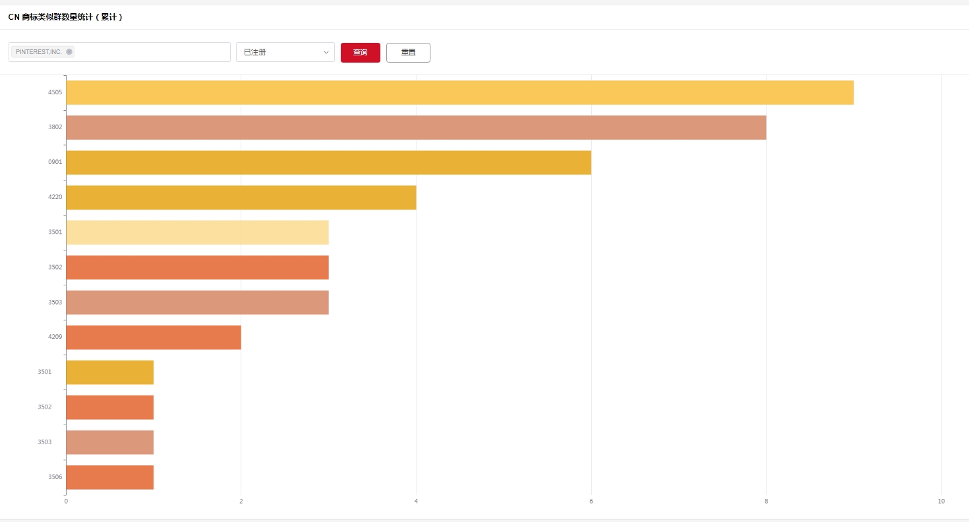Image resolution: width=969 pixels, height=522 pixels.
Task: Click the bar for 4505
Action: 459,92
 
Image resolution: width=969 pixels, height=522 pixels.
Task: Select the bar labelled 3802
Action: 416,127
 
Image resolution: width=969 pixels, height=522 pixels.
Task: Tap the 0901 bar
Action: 328,162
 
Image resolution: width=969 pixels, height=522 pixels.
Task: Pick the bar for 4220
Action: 241,197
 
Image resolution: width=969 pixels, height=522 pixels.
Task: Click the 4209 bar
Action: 154,337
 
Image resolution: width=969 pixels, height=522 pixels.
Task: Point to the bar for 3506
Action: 110,477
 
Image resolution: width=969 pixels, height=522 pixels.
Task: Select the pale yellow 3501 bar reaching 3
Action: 197,232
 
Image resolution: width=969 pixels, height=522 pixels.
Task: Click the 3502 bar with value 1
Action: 110,407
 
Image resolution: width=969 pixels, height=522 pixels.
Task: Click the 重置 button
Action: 408,53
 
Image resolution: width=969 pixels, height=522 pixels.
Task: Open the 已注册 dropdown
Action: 285,52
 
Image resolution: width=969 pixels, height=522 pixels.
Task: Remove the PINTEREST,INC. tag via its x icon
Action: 69,52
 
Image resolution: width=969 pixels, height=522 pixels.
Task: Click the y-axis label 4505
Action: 55,92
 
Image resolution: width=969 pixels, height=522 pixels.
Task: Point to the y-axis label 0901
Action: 55,162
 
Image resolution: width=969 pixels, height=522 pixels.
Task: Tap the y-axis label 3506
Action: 55,477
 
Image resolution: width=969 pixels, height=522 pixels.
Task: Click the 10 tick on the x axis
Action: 941,502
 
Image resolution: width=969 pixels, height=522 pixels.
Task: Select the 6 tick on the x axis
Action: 591,502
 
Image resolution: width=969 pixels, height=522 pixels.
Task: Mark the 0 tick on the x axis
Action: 66,502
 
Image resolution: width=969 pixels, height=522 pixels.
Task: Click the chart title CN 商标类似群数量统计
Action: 65,17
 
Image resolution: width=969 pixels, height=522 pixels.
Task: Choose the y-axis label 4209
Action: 55,337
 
